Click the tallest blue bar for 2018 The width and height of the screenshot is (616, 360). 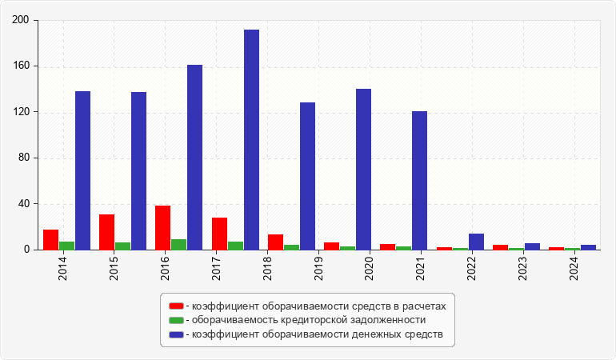coord(251,140)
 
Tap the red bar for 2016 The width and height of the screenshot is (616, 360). coord(162,228)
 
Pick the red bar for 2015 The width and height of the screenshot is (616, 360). coord(106,232)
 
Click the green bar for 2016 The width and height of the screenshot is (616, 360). coord(178,245)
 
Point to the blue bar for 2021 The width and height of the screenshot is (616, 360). coord(419,181)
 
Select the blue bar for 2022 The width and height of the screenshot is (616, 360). coord(476,242)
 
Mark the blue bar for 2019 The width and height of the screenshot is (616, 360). coord(307,176)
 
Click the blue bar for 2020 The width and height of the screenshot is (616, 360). coord(363,170)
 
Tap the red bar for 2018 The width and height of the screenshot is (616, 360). coord(275,242)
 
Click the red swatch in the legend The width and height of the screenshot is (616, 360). coord(176,306)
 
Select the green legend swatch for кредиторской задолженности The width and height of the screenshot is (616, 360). coord(176,319)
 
